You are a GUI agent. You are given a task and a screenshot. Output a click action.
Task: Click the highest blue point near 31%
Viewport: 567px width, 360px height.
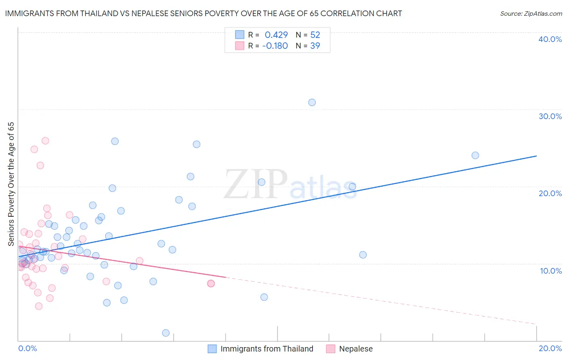pyautogui.click(x=312, y=103)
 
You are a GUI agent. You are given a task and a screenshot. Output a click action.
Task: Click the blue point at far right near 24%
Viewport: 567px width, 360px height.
pyautogui.click(x=475, y=155)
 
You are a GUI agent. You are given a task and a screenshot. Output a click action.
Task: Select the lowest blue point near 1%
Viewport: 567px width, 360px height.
pyautogui.click(x=165, y=333)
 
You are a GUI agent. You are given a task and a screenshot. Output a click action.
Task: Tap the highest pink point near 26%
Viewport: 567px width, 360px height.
pyautogui.click(x=45, y=141)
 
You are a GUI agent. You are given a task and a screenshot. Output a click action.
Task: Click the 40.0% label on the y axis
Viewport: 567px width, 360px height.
pyautogui.click(x=550, y=39)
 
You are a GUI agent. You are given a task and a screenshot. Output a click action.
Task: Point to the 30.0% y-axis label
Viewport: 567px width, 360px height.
pyautogui.click(x=550, y=116)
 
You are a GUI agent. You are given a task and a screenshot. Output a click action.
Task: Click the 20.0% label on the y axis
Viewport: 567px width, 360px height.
pyautogui.click(x=550, y=193)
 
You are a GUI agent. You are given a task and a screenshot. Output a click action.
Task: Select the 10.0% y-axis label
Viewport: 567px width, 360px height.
pyautogui.click(x=550, y=271)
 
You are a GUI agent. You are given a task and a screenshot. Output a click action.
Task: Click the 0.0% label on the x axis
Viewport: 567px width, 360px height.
pyautogui.click(x=27, y=349)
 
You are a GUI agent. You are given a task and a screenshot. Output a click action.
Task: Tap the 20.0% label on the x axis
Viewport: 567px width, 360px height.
pyautogui.click(x=550, y=349)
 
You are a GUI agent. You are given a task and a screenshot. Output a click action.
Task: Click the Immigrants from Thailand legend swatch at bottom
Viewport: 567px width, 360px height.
pyautogui.click(x=212, y=349)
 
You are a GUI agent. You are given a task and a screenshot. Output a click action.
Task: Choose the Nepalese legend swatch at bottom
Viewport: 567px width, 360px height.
pyautogui.click(x=331, y=349)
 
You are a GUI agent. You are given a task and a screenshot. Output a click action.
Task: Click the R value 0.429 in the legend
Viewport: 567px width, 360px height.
pyautogui.click(x=276, y=35)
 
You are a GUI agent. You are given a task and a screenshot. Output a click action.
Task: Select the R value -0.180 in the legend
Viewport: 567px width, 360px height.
pyautogui.click(x=275, y=46)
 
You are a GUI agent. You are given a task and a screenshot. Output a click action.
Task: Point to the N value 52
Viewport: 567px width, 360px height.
pyautogui.click(x=315, y=35)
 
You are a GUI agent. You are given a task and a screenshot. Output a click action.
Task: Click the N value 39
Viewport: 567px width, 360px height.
pyautogui.click(x=315, y=46)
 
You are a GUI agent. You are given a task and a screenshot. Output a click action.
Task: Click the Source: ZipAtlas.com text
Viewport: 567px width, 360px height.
pyautogui.click(x=531, y=14)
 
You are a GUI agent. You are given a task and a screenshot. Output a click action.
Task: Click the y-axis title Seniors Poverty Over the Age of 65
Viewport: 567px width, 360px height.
pyautogui.click(x=11, y=184)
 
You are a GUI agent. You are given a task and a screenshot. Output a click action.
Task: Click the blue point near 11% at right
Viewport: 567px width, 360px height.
pyautogui.click(x=363, y=255)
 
